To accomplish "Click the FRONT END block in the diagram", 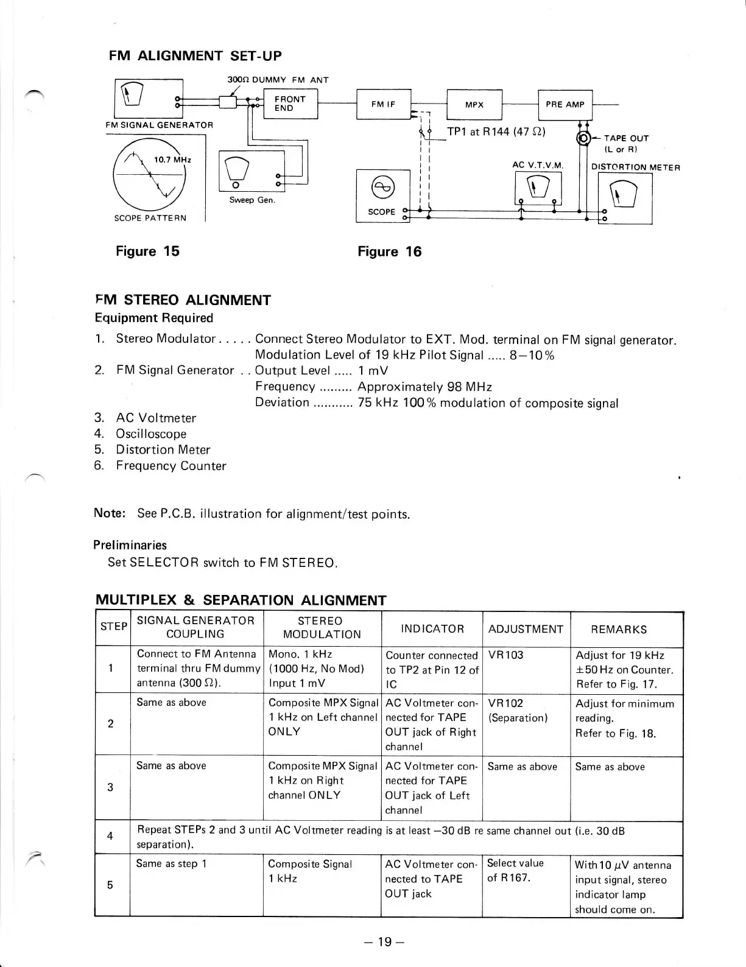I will [290, 104].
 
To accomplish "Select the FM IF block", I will [384, 104].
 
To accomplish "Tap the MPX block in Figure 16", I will [474, 104].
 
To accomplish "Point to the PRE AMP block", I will [565, 104].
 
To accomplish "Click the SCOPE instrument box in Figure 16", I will [382, 196].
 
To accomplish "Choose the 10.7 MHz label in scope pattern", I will [172, 160].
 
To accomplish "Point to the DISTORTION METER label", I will [635, 167].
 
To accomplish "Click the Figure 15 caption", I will [147, 251].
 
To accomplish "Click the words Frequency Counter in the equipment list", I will [171, 466].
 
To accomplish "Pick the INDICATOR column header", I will [432, 628].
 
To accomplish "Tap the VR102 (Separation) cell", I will [518, 710].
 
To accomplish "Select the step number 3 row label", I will [110, 787].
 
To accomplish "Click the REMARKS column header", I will [619, 629].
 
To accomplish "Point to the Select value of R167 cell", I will [515, 870].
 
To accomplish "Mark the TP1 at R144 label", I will [496, 132].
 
